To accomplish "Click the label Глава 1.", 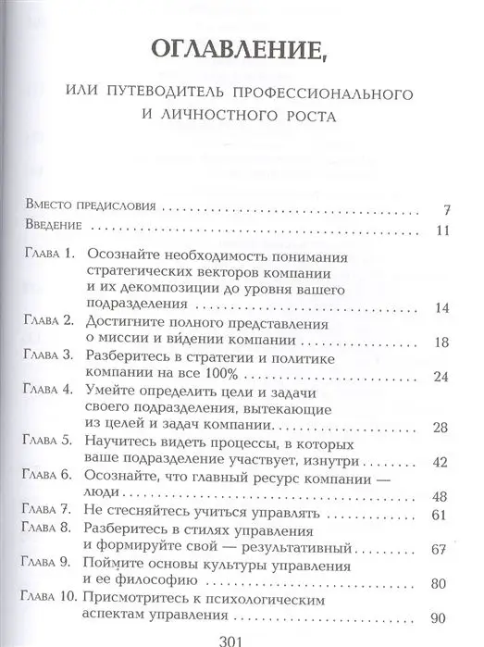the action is click(49, 255).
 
